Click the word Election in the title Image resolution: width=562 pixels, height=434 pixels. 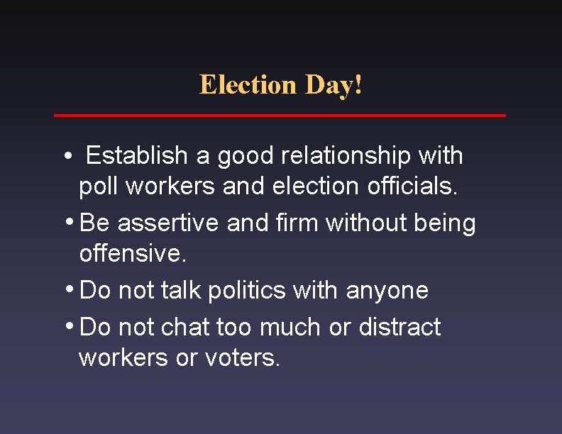point(248,85)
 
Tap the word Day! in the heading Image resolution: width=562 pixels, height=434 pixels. point(334,85)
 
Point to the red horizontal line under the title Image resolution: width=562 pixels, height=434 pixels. point(280,115)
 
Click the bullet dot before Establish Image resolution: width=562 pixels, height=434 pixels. point(65,155)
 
